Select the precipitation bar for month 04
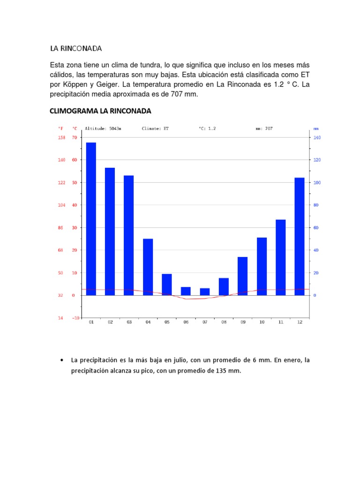pyautogui.click(x=148, y=267)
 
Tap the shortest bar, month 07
pyautogui.click(x=205, y=292)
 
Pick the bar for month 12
pyautogui.click(x=300, y=236)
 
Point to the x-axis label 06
pyautogui.click(x=186, y=322)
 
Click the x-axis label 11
pyautogui.click(x=281, y=322)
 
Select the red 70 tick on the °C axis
pyautogui.click(x=74, y=137)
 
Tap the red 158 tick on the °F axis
pyautogui.click(x=61, y=137)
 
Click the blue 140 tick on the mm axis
pyautogui.click(x=316, y=137)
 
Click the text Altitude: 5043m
pyautogui.click(x=103, y=128)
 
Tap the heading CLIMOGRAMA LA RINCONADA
pyautogui.click(x=100, y=111)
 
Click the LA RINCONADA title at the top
pyautogui.click(x=76, y=48)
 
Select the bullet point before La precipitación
pyautogui.click(x=62, y=360)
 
